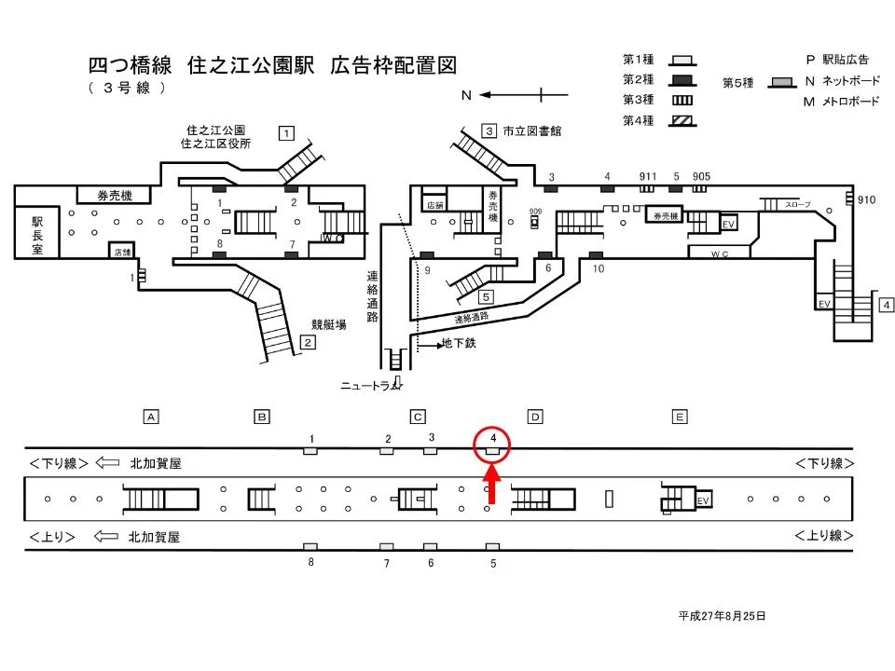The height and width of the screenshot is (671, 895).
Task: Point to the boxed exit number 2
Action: coord(307,342)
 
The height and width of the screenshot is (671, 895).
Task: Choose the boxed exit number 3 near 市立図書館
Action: coord(489,130)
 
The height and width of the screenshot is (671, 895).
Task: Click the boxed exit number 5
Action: coord(486,297)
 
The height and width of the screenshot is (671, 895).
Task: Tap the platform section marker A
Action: coord(148,416)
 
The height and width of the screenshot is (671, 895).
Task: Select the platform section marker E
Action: coord(681,416)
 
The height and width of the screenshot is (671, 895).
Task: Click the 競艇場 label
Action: coord(329,324)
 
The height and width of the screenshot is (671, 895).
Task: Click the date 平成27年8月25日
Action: coord(722,616)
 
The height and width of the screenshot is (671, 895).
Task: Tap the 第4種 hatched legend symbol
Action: coord(682,120)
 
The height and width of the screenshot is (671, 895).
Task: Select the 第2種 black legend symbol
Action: coord(682,79)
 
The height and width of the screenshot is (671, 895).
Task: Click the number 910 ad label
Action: coord(866,199)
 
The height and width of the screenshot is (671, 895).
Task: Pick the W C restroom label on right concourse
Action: coord(719,253)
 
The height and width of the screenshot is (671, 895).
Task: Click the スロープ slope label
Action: coord(797,204)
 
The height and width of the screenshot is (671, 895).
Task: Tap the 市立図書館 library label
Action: coord(532,131)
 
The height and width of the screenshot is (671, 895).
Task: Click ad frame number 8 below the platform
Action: coord(310,562)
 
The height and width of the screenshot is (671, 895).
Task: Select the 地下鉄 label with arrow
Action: coord(457,345)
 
